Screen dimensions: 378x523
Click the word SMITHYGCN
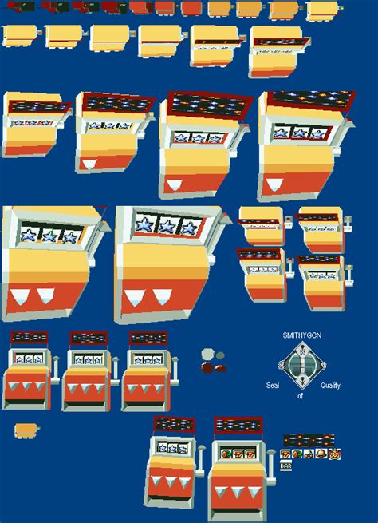302,335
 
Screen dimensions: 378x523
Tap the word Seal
273,385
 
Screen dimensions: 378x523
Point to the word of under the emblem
300,396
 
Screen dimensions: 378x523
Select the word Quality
330,386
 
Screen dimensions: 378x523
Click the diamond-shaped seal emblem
302,365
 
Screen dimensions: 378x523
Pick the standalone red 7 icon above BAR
285,454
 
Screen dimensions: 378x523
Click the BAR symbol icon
285,466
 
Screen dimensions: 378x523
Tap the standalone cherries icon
309,454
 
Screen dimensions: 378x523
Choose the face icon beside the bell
334,454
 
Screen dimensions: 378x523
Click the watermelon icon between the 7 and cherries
297,454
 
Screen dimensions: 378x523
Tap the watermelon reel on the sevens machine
226,454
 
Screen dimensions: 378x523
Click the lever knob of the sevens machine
271,453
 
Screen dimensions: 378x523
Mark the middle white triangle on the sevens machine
237,492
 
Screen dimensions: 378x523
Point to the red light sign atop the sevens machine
238,426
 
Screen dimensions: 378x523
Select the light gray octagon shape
207,354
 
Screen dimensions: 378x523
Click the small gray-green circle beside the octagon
220,355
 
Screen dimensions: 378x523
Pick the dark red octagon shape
207,368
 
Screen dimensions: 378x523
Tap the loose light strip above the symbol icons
309,441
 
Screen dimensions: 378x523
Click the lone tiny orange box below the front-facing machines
26,430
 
